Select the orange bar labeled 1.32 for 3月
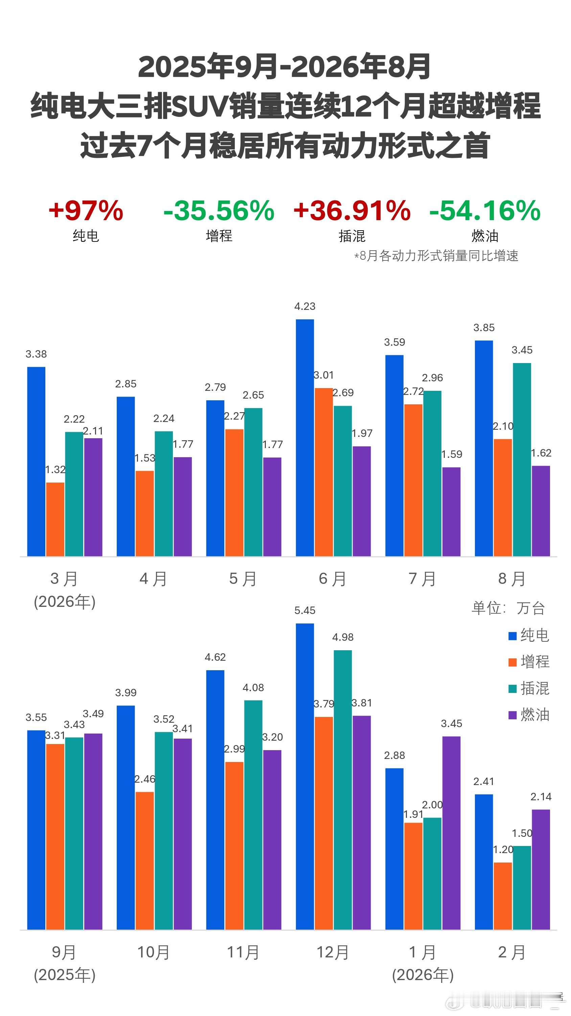[x=55, y=519]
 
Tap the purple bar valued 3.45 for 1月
[x=451, y=833]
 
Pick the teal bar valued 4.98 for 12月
[x=343, y=790]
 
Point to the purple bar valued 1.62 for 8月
[x=541, y=511]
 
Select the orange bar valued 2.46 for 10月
[x=145, y=861]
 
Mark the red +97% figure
[x=86, y=210]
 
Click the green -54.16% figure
[x=485, y=210]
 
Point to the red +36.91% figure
[x=352, y=210]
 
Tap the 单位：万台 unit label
[x=508, y=608]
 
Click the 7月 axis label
[x=422, y=579]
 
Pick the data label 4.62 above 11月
[x=215, y=657]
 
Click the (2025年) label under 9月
[x=65, y=975]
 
